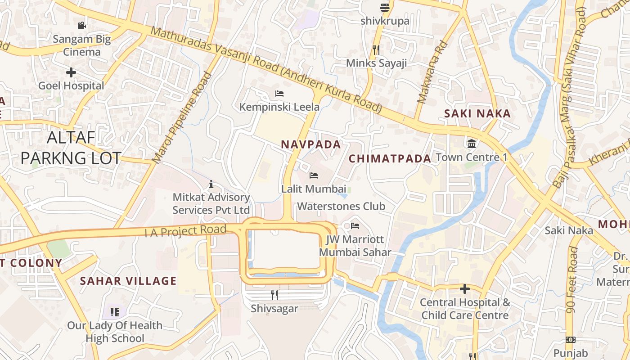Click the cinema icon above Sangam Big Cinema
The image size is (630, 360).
coord(81,25)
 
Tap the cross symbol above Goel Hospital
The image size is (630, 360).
coord(71,72)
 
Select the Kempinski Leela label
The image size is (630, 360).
coord(279,107)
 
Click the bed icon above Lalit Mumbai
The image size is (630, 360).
coord(314,175)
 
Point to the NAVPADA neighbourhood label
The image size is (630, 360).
coord(311,144)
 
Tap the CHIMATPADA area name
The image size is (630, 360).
coord(390,158)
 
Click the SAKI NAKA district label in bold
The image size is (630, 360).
coord(477,114)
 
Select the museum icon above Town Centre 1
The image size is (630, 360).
coord(472,144)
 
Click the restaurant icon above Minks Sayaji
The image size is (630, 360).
coord(376,49)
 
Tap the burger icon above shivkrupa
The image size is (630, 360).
coord(384,7)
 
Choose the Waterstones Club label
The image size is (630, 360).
coord(341,207)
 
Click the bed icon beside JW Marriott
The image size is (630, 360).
coord(355,225)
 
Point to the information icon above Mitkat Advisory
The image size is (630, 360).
coord(211,184)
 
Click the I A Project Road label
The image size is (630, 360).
coord(185,231)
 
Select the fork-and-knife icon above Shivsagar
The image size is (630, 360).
coord(274,295)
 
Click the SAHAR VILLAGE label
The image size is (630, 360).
coord(128,281)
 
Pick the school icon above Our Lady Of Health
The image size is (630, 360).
coord(114,312)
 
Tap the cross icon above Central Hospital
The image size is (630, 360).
coord(465,288)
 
